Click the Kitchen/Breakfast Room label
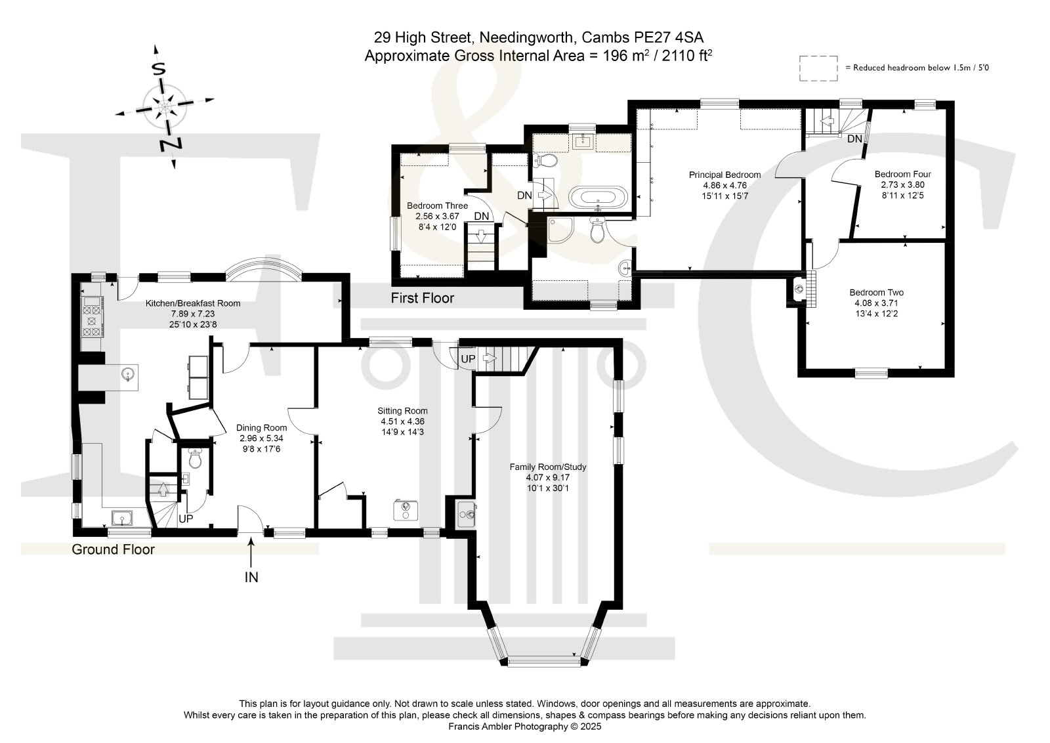coord(193,303)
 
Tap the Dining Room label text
coord(261,427)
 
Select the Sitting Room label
coord(403,411)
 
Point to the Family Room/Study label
coord(548,467)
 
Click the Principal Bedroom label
coord(724,175)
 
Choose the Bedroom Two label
coord(877,293)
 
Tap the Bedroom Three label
coord(437,206)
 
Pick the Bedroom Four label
coord(903,175)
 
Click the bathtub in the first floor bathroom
coord(598,197)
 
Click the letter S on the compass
coord(159,70)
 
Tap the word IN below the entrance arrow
coord(251,578)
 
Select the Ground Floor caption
coord(113,549)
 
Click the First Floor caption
coord(423,298)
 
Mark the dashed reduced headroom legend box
coord(818,68)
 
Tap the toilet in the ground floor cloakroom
coord(195,458)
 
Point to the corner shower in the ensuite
coord(560,230)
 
